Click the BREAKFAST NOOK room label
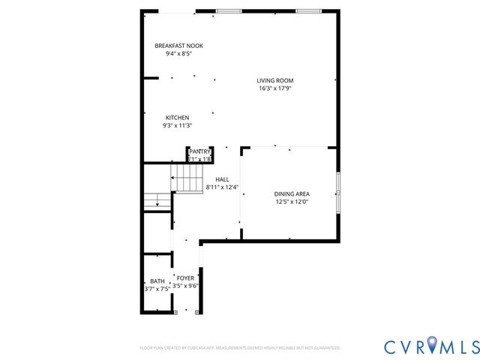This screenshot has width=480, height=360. [178, 46]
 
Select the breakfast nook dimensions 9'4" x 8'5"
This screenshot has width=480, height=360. [178, 54]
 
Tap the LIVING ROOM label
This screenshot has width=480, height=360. [274, 80]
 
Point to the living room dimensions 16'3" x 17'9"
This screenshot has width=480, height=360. [274, 88]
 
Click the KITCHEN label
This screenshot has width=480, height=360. [177, 117]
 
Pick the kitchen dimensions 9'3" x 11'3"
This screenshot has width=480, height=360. [177, 125]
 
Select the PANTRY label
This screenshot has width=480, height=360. [199, 151]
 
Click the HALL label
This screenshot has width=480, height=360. [222, 179]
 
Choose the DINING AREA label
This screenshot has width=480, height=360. [292, 193]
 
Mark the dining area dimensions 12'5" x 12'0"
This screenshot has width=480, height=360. [292, 202]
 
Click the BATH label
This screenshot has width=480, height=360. [157, 281]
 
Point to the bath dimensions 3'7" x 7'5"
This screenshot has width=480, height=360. [157, 289]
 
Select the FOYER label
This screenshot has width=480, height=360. [185, 278]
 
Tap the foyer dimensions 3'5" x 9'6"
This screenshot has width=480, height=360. [185, 286]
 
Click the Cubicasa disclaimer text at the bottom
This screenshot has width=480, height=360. [240, 348]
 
